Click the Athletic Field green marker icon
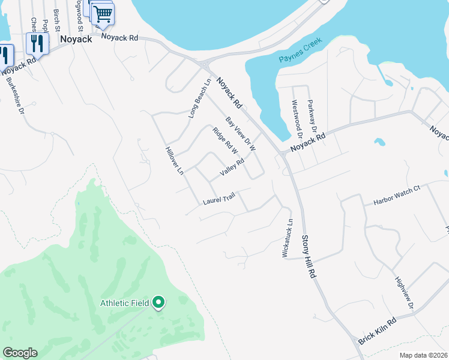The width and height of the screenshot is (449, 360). (158, 303)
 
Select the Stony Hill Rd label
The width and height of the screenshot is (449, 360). (307, 257)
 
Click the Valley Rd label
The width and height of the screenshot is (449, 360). (232, 167)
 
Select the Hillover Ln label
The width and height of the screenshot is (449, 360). (174, 160)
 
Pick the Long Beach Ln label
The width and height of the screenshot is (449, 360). (200, 98)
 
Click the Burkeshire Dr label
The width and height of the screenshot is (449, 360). (14, 95)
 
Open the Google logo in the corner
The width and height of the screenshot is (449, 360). (20, 353)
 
